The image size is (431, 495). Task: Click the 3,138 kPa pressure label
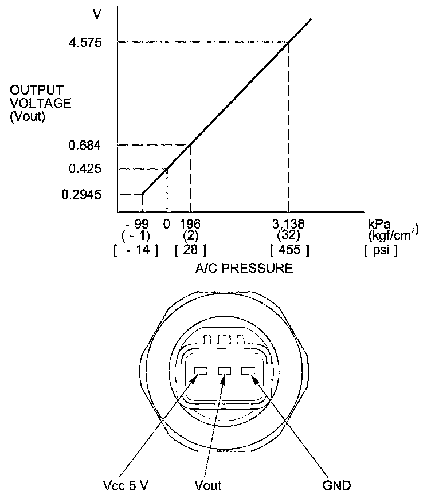click(x=288, y=223)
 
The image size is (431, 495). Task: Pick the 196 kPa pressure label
click(x=190, y=223)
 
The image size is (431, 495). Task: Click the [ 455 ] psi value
click(x=289, y=250)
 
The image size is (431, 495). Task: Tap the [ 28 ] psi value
click(x=190, y=250)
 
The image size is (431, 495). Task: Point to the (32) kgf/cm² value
click(x=288, y=235)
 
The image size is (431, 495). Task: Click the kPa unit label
click(x=378, y=223)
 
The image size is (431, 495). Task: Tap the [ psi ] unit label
click(x=381, y=250)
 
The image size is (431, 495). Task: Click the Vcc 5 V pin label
click(x=125, y=485)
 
